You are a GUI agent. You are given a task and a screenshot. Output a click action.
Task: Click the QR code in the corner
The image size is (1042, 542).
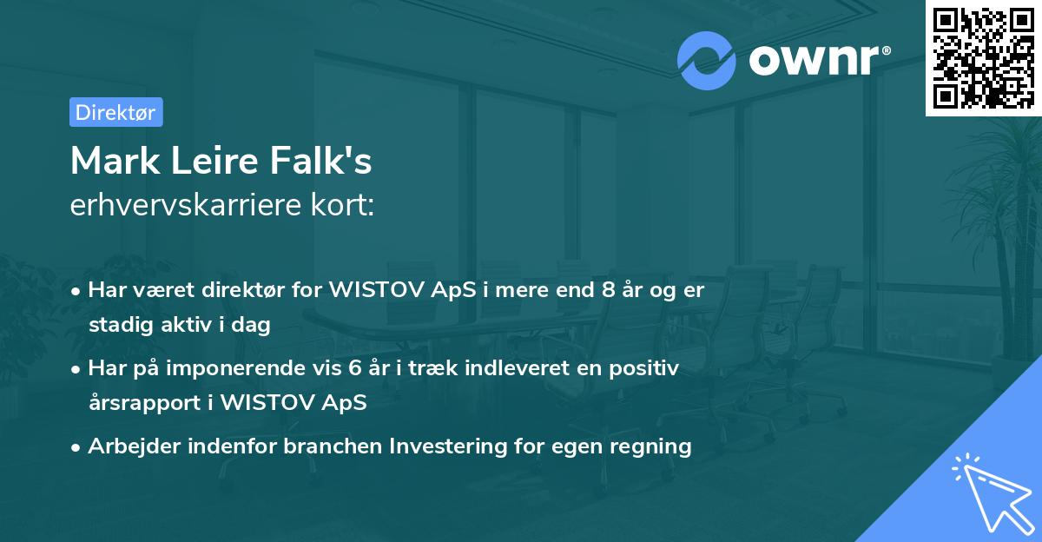point(983,57)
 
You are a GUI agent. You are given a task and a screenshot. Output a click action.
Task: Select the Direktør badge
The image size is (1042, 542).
point(115,112)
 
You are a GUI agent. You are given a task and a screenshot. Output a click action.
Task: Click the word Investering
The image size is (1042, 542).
point(445,446)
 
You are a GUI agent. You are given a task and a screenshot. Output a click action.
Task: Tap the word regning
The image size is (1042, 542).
point(650,446)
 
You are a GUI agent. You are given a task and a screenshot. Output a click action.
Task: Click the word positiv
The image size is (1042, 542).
point(646,368)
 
